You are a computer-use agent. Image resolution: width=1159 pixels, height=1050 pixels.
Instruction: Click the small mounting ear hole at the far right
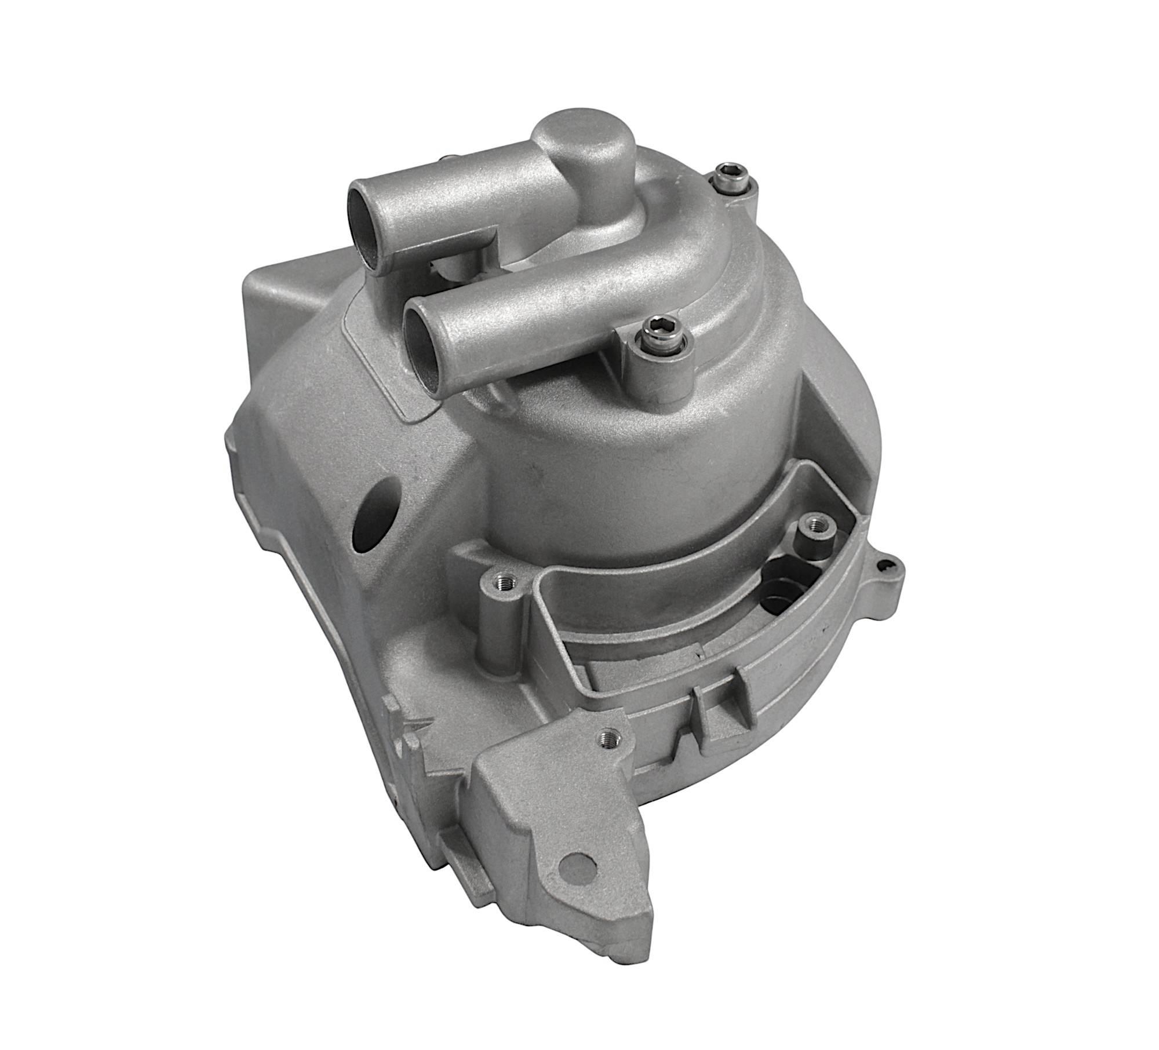point(883,564)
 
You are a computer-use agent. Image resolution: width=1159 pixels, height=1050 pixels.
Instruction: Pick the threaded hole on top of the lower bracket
point(607,738)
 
